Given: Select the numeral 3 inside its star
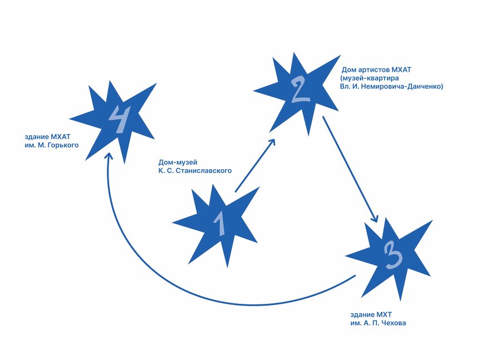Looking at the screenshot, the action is click(392, 255).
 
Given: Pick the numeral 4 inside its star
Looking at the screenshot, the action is click(120, 119).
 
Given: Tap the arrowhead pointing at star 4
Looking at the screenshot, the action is click(109, 156).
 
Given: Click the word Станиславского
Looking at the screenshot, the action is click(204, 171).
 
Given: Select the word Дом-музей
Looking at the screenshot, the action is click(178, 162).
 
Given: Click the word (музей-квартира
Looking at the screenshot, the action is click(370, 78).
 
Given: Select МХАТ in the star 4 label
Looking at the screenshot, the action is click(60, 137).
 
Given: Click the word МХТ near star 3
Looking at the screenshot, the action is click(384, 314).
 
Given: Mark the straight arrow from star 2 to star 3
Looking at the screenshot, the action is click(351, 169).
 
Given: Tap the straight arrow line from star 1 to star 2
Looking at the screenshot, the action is click(255, 165).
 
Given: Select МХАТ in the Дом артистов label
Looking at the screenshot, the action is click(401, 70).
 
